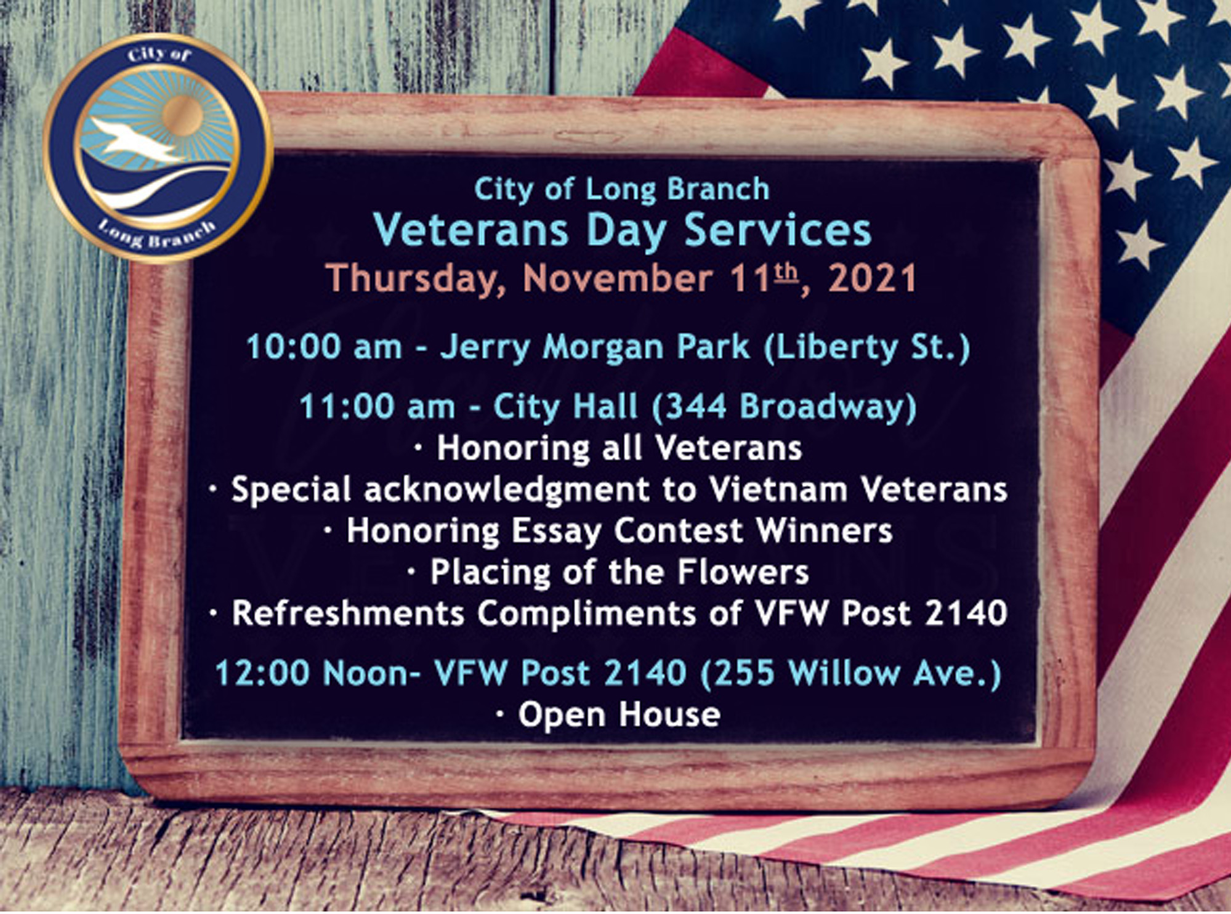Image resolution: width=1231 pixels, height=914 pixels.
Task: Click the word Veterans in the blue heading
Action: pos(471,230)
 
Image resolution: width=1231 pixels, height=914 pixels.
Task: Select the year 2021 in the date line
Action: pos(872,278)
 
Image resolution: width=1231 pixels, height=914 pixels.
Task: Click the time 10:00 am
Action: pos(324,347)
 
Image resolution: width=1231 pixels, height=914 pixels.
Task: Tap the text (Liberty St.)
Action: pos(867,347)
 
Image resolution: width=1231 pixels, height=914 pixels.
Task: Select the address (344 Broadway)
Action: pos(784,407)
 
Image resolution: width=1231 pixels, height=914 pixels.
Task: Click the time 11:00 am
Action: pos(377,407)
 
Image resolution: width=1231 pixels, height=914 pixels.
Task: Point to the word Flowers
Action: pos(743,572)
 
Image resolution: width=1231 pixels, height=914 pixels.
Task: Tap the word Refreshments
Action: pos(348,613)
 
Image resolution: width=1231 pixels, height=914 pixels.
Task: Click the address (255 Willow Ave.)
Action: pos(851,673)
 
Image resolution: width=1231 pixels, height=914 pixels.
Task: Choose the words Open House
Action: pos(619,715)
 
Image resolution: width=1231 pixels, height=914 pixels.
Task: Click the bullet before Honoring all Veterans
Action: pos(419,450)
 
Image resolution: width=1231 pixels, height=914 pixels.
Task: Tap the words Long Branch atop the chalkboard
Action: pos(677,190)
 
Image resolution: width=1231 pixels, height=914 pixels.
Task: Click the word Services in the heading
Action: pos(778,230)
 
